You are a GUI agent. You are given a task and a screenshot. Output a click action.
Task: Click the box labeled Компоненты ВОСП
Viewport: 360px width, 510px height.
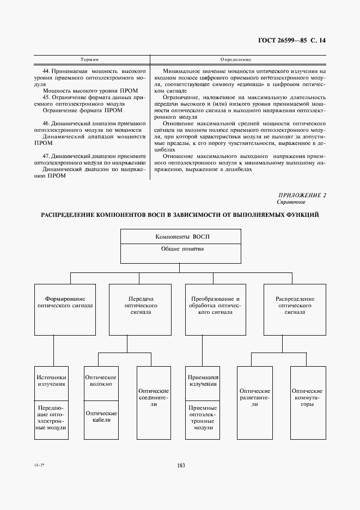point(180,236)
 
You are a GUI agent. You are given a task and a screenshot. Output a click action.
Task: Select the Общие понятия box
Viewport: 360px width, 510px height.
point(180,253)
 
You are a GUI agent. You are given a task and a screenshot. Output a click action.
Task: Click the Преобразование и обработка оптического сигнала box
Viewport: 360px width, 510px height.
point(216,309)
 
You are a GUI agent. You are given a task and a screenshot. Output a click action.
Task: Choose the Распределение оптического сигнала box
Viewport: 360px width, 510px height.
point(294,309)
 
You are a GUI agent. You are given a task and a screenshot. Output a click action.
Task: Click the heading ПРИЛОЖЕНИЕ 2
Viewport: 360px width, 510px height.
point(302,195)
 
